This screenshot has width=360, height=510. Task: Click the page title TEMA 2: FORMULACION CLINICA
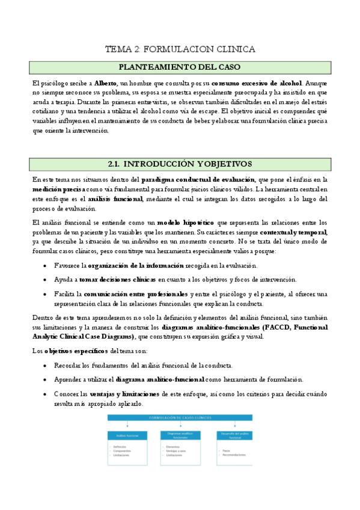pyautogui.click(x=180, y=49)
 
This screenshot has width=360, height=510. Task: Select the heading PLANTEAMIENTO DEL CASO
pyautogui.click(x=180, y=67)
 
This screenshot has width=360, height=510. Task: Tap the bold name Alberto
pyautogui.click(x=106, y=83)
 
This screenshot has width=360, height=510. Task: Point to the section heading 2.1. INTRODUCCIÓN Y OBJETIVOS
pyautogui.click(x=180, y=164)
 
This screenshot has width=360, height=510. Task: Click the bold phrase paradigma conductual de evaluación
pyautogui.click(x=198, y=179)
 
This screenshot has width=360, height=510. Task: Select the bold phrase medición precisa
pyautogui.click(x=58, y=189)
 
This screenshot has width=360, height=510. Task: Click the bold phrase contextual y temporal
pyautogui.click(x=294, y=232)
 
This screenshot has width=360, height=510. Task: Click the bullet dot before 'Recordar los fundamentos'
pyautogui.click(x=47, y=366)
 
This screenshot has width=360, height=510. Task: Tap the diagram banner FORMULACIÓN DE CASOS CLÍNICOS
pyautogui.click(x=179, y=417)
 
